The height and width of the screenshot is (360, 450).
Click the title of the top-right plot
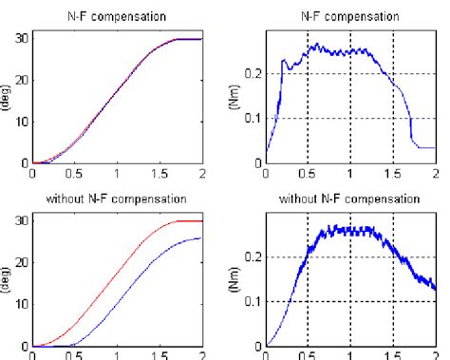pyautogui.click(x=350, y=15)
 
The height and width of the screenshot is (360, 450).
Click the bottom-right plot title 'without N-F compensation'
pyautogui.click(x=350, y=199)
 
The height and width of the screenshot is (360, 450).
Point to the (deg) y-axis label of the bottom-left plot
pyautogui.click(x=8, y=279)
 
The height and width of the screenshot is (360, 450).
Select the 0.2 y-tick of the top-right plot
pyautogui.click(x=254, y=73)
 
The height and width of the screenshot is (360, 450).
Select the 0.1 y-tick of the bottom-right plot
pyautogui.click(x=254, y=301)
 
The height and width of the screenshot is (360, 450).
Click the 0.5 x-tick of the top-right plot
pyautogui.click(x=309, y=173)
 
